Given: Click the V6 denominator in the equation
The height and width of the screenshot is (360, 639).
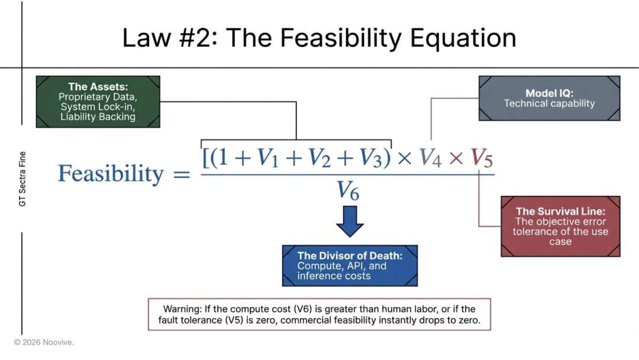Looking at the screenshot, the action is click(x=348, y=191).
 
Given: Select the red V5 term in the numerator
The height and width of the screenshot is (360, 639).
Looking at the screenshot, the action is click(x=482, y=158).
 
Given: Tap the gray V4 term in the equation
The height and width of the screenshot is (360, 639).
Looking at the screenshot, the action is click(x=431, y=158).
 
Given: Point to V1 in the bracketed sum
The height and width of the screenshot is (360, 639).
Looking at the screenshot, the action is click(x=268, y=158).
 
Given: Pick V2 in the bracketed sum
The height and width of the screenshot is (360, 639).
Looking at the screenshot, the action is click(x=319, y=158).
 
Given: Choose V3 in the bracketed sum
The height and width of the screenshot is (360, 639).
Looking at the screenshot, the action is click(x=370, y=158).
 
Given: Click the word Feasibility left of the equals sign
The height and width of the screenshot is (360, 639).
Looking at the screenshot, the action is click(x=111, y=174).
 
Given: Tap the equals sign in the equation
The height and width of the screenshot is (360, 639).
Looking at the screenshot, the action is click(x=182, y=175).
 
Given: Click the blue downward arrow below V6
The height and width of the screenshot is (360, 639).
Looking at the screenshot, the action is click(x=350, y=221).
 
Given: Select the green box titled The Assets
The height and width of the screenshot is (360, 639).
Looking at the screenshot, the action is click(x=98, y=101).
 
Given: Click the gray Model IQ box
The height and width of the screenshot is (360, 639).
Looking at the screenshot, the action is click(x=549, y=98).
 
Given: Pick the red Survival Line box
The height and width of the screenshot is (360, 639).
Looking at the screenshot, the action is click(x=560, y=226).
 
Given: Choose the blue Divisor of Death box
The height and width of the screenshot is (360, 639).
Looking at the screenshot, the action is click(x=350, y=266).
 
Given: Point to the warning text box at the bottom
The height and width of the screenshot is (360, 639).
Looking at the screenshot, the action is click(x=319, y=314).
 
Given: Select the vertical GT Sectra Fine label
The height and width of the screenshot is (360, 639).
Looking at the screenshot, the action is click(x=22, y=179).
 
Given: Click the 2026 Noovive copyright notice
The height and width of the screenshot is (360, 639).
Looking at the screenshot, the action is click(x=44, y=342).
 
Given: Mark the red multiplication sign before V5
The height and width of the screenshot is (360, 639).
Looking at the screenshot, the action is click(x=456, y=159).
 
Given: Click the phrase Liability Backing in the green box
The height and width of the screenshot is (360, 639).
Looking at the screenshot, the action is click(x=98, y=117).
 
